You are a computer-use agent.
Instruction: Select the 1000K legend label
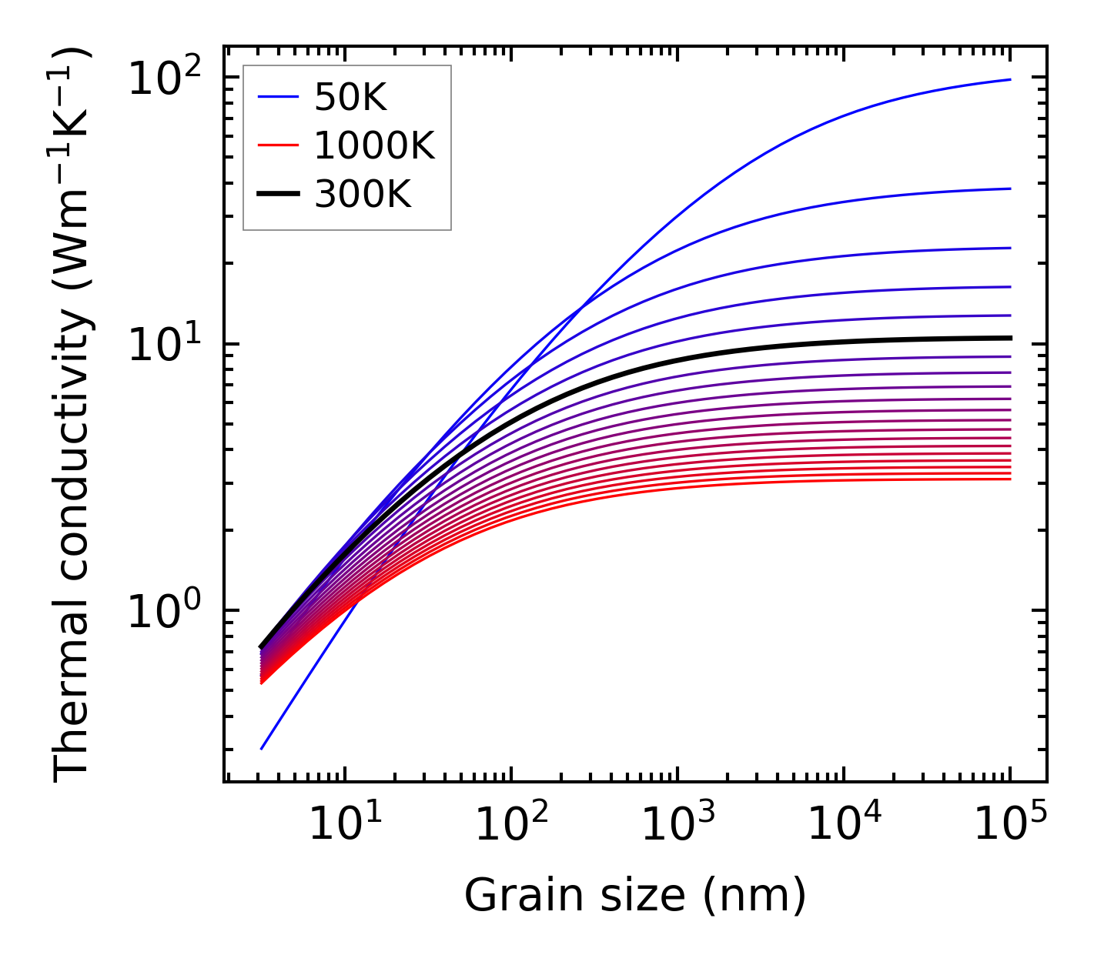pos(374,145)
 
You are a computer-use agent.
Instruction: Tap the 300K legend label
pos(363,195)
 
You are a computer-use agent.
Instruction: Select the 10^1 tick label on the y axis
pos(163,344)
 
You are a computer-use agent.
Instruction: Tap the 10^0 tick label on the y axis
pos(163,611)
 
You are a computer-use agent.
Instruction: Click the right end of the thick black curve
pos(1010,338)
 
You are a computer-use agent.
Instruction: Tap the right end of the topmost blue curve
pos(1010,79)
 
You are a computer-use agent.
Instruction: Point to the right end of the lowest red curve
pos(1010,479)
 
